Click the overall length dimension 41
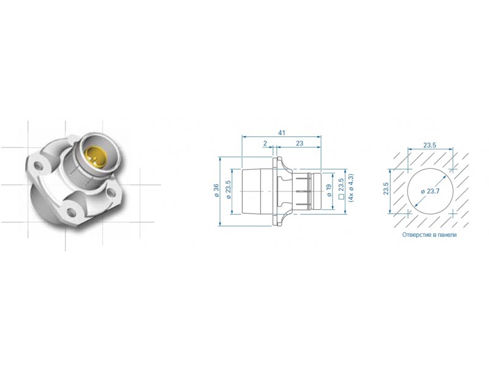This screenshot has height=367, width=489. coord(282,133)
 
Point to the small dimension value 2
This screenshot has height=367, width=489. coord(265,143)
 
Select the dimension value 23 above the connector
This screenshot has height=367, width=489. coord(300,143)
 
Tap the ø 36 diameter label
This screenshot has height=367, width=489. coord(216,190)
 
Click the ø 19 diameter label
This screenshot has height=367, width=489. coord(329,190)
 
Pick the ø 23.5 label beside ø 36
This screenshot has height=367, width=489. coord(228,190)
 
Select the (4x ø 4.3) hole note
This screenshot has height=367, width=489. coord(351,188)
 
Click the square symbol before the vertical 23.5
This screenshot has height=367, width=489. coord(341,197)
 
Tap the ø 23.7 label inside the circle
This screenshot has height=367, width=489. coord(430,191)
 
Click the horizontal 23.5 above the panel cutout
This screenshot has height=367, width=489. coord(430,145)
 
